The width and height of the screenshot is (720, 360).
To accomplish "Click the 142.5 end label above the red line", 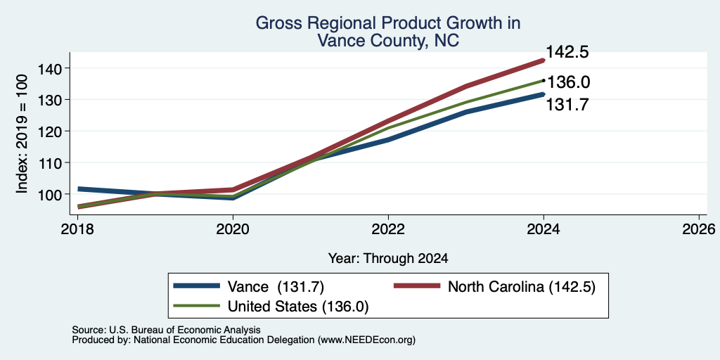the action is [567, 52].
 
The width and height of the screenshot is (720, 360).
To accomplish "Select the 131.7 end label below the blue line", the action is [567, 105].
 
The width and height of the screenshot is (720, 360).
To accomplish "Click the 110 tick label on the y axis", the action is [55, 162].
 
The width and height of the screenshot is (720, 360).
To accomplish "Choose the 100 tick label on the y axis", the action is [55, 194].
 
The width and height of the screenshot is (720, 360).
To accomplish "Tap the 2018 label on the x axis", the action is [77, 229].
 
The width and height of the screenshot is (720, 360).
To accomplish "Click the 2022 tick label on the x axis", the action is [388, 229].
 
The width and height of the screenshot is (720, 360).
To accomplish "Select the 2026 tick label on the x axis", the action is [698, 229].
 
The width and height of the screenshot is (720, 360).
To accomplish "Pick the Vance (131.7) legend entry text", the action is [276, 287].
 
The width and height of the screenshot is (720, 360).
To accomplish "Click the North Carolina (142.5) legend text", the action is [522, 287].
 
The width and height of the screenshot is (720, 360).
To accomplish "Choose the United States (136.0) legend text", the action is [298, 307].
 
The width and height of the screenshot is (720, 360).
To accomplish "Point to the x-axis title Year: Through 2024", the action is [388, 259].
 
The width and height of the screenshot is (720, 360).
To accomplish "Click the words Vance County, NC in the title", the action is [388, 40].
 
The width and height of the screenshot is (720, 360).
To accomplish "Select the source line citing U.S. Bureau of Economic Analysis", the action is [166, 330].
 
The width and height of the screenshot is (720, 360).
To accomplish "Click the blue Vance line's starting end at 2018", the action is [79, 188].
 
